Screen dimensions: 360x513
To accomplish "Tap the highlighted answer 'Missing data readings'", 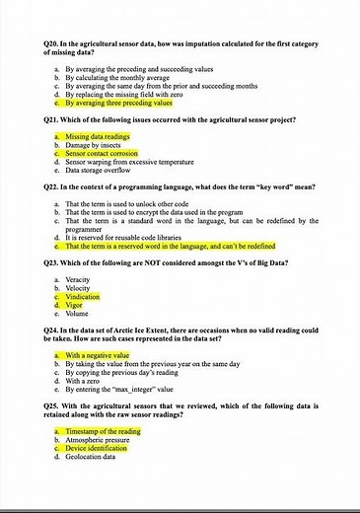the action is pos(98,136).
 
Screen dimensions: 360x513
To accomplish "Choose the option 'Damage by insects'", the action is pos(93,145).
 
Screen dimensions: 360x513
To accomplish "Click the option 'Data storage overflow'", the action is pos(98,170).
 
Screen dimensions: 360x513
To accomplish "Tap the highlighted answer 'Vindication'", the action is pos(85,297).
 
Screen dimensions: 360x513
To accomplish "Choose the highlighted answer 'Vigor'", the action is pos(77,305).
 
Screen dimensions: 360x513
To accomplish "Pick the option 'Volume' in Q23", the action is pos(79,314).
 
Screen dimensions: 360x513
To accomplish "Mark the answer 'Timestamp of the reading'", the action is pos(104,432).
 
